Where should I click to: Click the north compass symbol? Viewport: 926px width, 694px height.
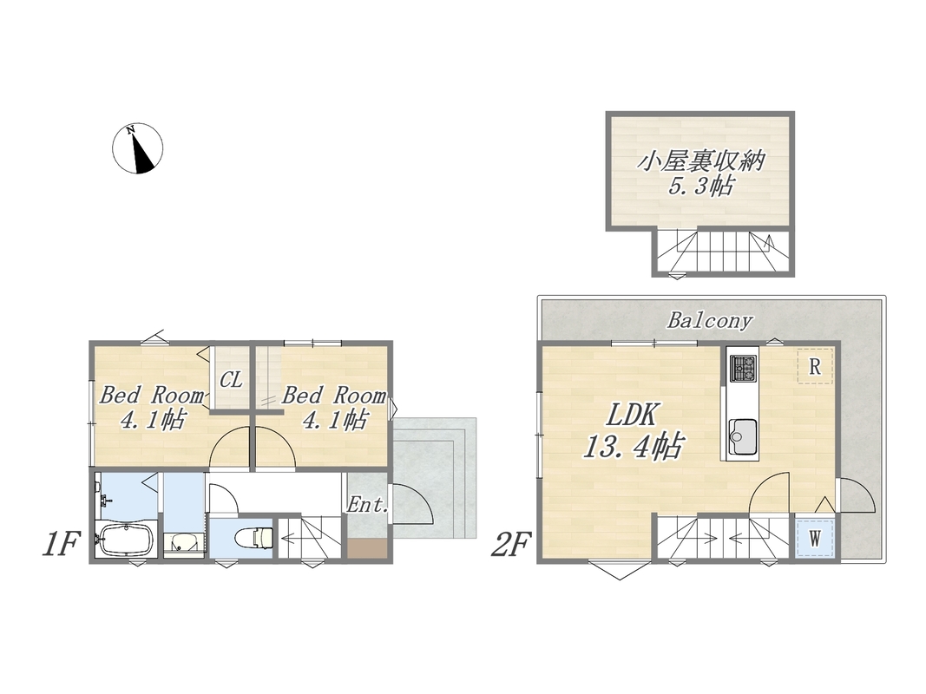[x=138, y=148]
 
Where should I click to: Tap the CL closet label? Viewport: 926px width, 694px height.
[x=231, y=379]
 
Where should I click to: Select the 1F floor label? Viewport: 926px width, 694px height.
[x=60, y=544]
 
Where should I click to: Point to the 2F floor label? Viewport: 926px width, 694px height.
[x=511, y=544]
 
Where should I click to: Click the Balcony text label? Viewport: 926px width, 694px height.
[x=710, y=320]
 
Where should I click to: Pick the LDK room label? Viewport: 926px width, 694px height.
[x=632, y=416]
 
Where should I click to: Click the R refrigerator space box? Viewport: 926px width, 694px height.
[x=815, y=366]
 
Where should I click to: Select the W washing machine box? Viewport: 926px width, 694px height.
[x=815, y=538]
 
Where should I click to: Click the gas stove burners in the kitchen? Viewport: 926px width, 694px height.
[x=743, y=368]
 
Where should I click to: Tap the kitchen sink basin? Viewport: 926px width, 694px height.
[x=742, y=436]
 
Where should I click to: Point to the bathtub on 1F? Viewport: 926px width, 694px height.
[x=126, y=539]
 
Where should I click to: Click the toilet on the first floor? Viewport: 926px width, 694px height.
[x=254, y=538]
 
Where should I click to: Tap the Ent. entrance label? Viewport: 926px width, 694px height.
[x=367, y=505]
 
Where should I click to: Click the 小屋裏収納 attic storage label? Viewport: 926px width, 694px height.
[x=700, y=160]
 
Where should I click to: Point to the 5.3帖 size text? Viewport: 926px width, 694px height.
[x=700, y=187]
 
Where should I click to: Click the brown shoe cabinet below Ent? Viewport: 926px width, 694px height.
[x=367, y=549]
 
